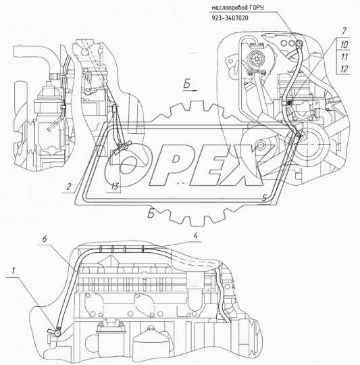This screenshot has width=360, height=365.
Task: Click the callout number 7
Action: pos(344,30)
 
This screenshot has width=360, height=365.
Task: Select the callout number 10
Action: pos(344,45)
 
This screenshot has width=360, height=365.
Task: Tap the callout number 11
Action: pos(344,57)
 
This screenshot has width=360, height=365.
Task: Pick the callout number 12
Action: pos(344,69)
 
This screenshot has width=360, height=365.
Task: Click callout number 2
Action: pos(68,187)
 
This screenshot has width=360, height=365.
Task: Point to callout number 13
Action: pos(115,187)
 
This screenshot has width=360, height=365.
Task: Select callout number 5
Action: pos(264,198)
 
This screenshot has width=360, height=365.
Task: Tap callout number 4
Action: pos(196,236)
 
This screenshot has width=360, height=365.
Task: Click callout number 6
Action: pos(45,239)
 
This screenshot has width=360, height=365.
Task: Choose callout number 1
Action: pos(14,270)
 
